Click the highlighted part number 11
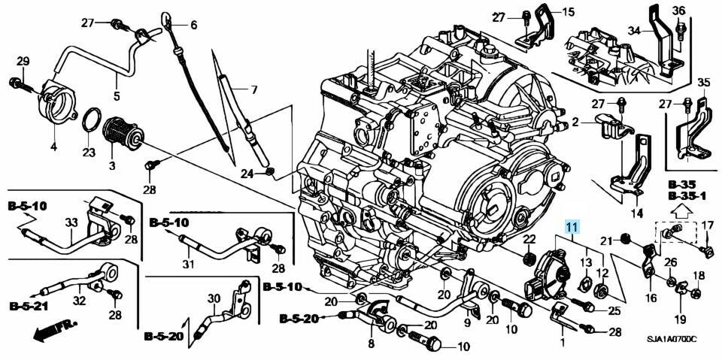click(572, 226)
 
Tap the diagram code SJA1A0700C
click(673, 339)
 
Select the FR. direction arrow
click(54, 331)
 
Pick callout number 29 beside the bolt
click(23, 60)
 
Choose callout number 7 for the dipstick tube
click(253, 90)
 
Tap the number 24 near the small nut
click(247, 174)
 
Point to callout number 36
click(678, 11)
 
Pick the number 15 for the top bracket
click(569, 12)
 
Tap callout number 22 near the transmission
click(529, 239)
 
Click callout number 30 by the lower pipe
click(214, 299)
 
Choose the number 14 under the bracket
click(636, 213)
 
